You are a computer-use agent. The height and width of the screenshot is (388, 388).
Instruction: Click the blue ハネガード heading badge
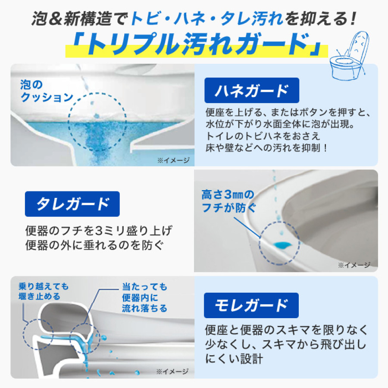pyautogui.click(x=245, y=91)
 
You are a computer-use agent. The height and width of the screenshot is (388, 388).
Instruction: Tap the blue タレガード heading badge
pyautogui.click(x=72, y=204)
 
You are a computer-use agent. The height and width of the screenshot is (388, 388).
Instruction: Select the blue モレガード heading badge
pyautogui.click(x=245, y=305)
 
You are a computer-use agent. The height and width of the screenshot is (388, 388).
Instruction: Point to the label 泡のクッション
pyautogui.click(x=47, y=91)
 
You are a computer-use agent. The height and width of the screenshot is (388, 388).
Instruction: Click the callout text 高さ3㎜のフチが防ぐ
pyautogui.click(x=228, y=201)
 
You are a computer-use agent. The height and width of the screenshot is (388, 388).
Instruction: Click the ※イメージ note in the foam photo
pyautogui.click(x=173, y=160)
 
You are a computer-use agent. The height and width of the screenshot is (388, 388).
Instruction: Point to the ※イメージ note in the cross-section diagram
pyautogui.click(x=172, y=371)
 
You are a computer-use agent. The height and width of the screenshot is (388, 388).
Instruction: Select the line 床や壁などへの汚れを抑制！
pyautogui.click(x=267, y=147)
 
